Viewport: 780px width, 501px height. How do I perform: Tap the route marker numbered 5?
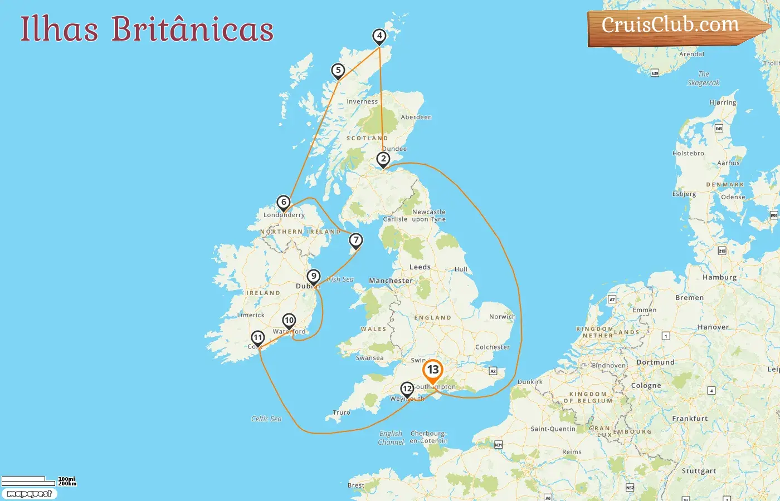pyautogui.click(x=338, y=71)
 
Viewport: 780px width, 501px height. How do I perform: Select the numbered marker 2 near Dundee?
pyautogui.click(x=383, y=159)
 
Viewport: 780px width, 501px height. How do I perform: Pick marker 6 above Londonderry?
pyautogui.click(x=284, y=203)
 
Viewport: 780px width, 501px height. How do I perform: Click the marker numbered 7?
pyautogui.click(x=355, y=240)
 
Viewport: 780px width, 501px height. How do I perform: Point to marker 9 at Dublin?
pyautogui.click(x=314, y=277)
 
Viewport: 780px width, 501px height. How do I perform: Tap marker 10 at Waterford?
pyautogui.click(x=289, y=321)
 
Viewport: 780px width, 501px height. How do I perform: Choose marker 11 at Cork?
pyautogui.click(x=257, y=338)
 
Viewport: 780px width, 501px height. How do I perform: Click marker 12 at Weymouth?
pyautogui.click(x=407, y=389)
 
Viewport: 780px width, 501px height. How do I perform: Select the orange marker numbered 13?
pyautogui.click(x=433, y=370)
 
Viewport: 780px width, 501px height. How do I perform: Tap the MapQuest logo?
pyautogui.click(x=29, y=494)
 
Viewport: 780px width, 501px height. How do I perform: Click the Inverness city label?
pyautogui.click(x=362, y=102)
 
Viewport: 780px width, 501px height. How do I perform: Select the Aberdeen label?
pyautogui.click(x=416, y=117)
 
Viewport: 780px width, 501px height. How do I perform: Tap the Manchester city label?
pyautogui.click(x=391, y=281)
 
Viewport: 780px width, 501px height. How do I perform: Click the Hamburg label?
pyautogui.click(x=719, y=277)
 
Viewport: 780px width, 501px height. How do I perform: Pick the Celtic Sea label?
pyautogui.click(x=266, y=419)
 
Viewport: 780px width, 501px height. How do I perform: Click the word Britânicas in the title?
pyautogui.click(x=192, y=29)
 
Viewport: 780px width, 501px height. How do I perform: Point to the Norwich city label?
pyautogui.click(x=502, y=317)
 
